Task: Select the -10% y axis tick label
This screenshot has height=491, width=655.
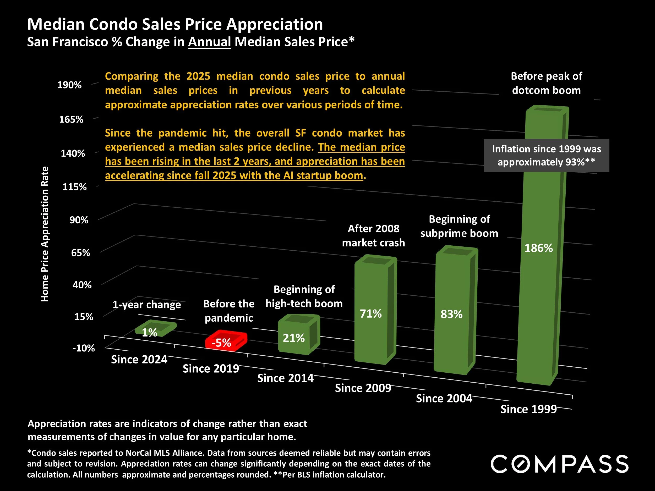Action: click(84, 348)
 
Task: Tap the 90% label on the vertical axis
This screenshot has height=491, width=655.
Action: click(79, 220)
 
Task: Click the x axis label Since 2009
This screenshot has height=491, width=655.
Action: click(363, 388)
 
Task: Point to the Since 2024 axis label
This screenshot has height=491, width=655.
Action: click(139, 360)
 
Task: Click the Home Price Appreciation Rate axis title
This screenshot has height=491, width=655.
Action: click(45, 234)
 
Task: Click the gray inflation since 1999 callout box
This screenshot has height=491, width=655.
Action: click(546, 155)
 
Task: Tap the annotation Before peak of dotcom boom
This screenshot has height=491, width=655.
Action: click(546, 83)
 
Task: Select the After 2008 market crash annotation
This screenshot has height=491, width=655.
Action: click(373, 236)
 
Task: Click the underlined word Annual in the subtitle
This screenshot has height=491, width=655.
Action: click(209, 42)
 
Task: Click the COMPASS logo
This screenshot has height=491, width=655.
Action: click(559, 464)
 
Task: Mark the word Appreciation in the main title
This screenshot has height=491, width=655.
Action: click(275, 24)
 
